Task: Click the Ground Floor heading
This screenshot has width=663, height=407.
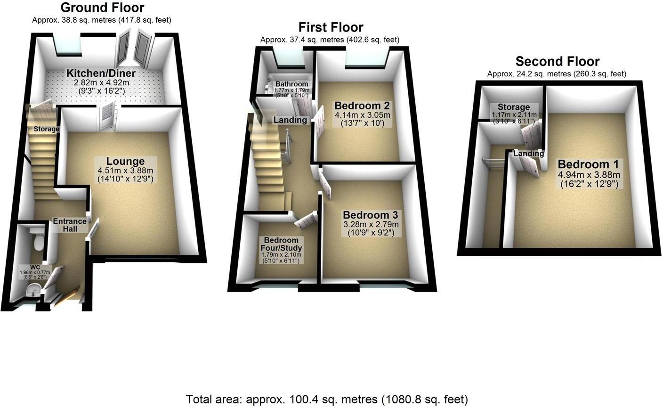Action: tap(102, 8)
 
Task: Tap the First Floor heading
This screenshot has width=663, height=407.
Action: tap(331, 27)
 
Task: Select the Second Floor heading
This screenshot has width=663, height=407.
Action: tap(557, 61)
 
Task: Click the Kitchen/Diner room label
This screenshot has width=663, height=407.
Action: tap(101, 73)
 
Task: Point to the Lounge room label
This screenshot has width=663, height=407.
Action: tap(125, 162)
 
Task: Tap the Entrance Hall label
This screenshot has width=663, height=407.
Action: tap(70, 225)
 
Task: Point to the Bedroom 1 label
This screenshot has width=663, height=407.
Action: tap(589, 164)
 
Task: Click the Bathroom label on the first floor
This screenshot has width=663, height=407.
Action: tap(292, 84)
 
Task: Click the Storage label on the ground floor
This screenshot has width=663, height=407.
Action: tap(46, 129)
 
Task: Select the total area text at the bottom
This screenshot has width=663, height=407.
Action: tap(327, 399)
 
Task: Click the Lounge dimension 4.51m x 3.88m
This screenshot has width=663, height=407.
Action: tap(125, 171)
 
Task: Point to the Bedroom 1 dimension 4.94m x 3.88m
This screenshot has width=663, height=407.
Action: tap(589, 174)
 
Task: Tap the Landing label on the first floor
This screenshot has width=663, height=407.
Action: tap(291, 120)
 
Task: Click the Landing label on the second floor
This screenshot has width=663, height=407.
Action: tap(529, 153)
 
